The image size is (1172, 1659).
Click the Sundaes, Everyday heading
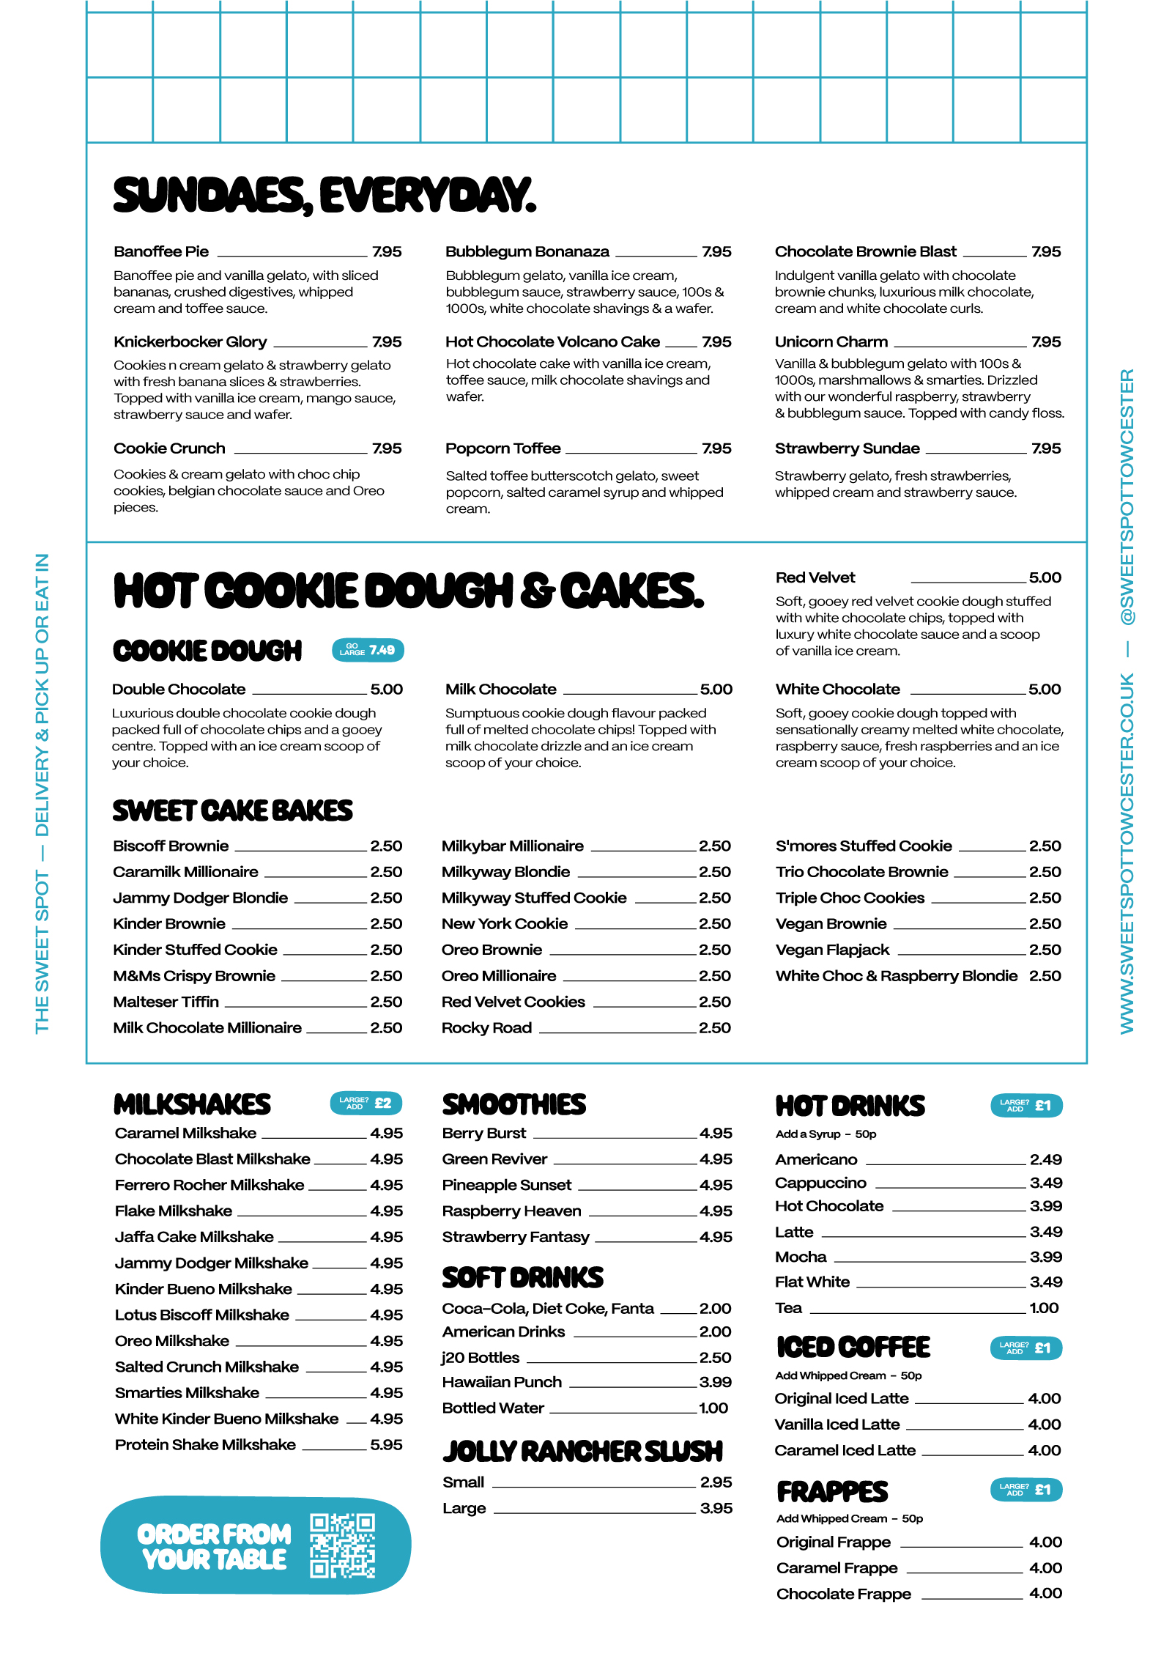coord(324,195)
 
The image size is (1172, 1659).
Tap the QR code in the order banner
coord(342,1545)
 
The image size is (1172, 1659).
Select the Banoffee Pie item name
coord(161,252)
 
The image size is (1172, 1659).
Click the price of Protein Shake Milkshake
coord(386,1444)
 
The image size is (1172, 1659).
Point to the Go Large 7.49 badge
coord(368,650)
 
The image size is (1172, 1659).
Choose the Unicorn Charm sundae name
coord(831,342)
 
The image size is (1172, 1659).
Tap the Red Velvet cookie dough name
coord(815,577)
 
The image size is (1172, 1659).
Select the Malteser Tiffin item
coord(166,1002)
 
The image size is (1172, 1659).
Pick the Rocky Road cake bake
coord(487,1028)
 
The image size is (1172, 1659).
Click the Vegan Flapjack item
coord(832,950)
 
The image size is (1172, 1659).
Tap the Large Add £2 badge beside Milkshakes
coord(366,1104)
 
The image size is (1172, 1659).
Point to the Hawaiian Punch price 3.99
coord(716,1382)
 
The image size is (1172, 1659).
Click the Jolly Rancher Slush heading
coord(582,1452)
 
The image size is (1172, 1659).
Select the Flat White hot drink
coord(812,1282)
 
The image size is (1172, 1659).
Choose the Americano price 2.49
coord(1045,1159)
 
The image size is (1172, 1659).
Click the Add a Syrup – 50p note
coord(826,1134)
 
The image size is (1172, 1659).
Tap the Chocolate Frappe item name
coord(844,1594)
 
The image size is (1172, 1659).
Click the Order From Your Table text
coord(214,1546)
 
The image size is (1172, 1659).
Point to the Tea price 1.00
coord(1044,1308)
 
